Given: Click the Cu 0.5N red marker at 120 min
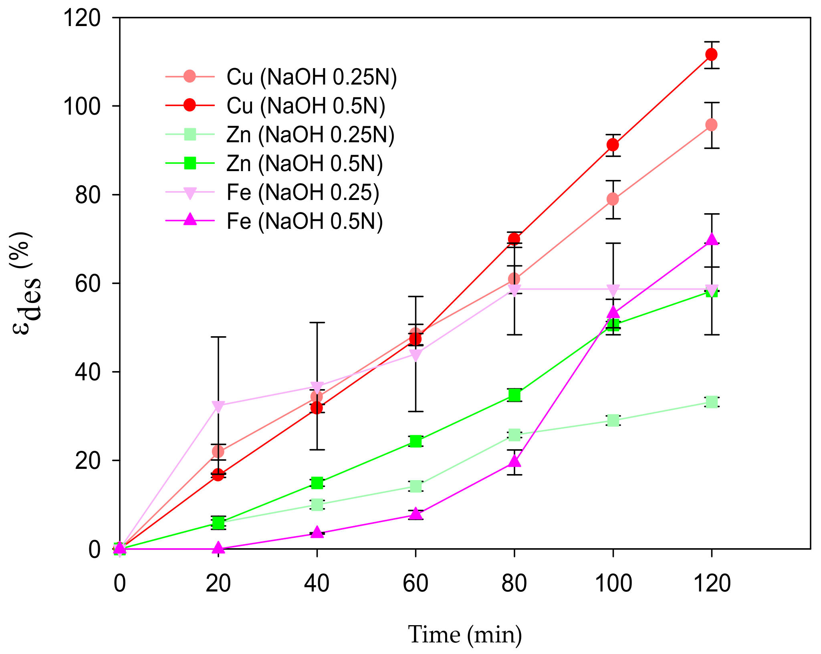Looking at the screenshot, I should click(711, 54).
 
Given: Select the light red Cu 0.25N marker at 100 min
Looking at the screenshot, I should click(613, 199).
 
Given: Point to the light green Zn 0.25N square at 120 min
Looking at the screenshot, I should click(712, 402).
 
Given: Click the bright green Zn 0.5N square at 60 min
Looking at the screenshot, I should click(416, 441).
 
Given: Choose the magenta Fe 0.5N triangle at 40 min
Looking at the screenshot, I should click(317, 533).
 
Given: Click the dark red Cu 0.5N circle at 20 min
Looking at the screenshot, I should click(218, 475).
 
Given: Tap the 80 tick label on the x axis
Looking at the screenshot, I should click(514, 583).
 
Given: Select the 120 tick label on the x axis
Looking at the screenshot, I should click(712, 583).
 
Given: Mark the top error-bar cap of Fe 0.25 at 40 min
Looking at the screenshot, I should click(317, 323).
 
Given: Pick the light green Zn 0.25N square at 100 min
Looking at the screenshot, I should click(613, 420).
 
